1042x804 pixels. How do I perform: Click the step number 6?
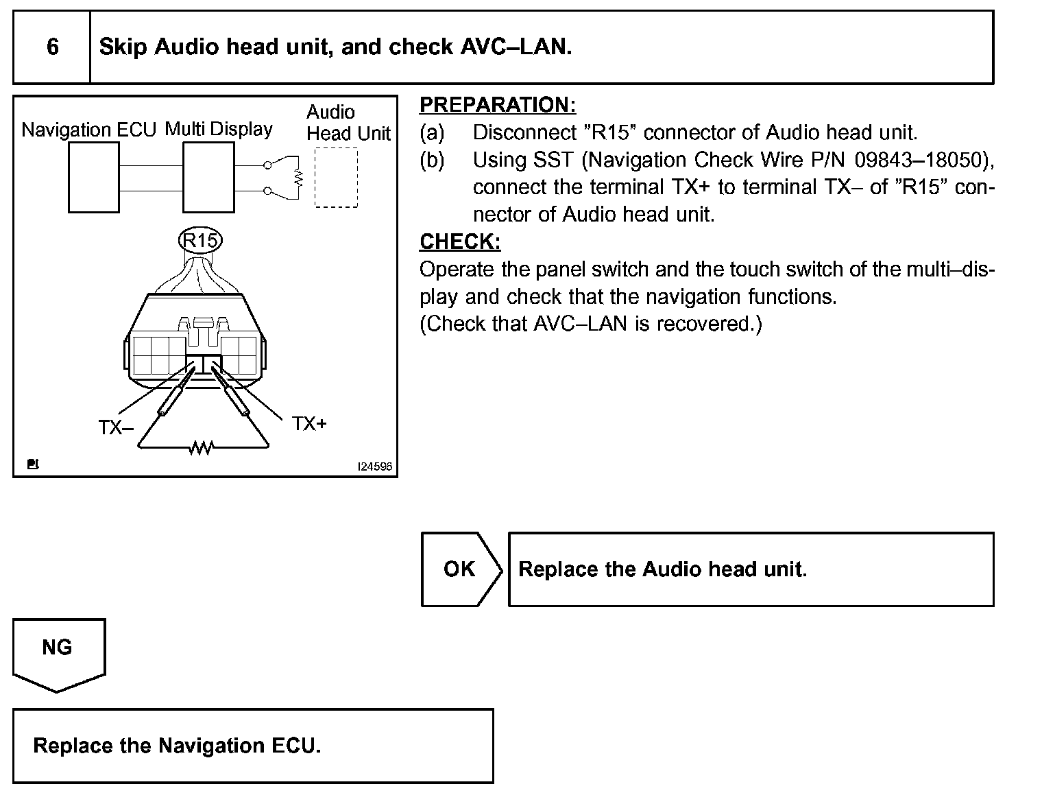click(53, 47)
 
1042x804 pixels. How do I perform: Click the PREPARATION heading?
click(498, 105)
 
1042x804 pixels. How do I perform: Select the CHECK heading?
click(460, 241)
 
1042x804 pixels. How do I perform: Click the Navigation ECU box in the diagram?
click(94, 178)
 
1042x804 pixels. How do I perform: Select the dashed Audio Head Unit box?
click(336, 177)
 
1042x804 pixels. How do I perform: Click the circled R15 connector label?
click(199, 241)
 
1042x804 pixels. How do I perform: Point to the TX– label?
click(115, 427)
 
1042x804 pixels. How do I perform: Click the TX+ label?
click(309, 424)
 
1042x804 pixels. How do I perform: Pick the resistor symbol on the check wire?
click(202, 448)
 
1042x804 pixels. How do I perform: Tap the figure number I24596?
click(375, 466)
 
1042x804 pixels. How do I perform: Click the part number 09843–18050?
click(918, 160)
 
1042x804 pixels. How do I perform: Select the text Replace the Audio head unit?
click(662, 569)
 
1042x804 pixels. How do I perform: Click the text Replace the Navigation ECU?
click(177, 746)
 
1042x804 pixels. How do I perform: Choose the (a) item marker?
click(432, 132)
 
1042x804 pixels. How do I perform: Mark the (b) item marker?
click(432, 160)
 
